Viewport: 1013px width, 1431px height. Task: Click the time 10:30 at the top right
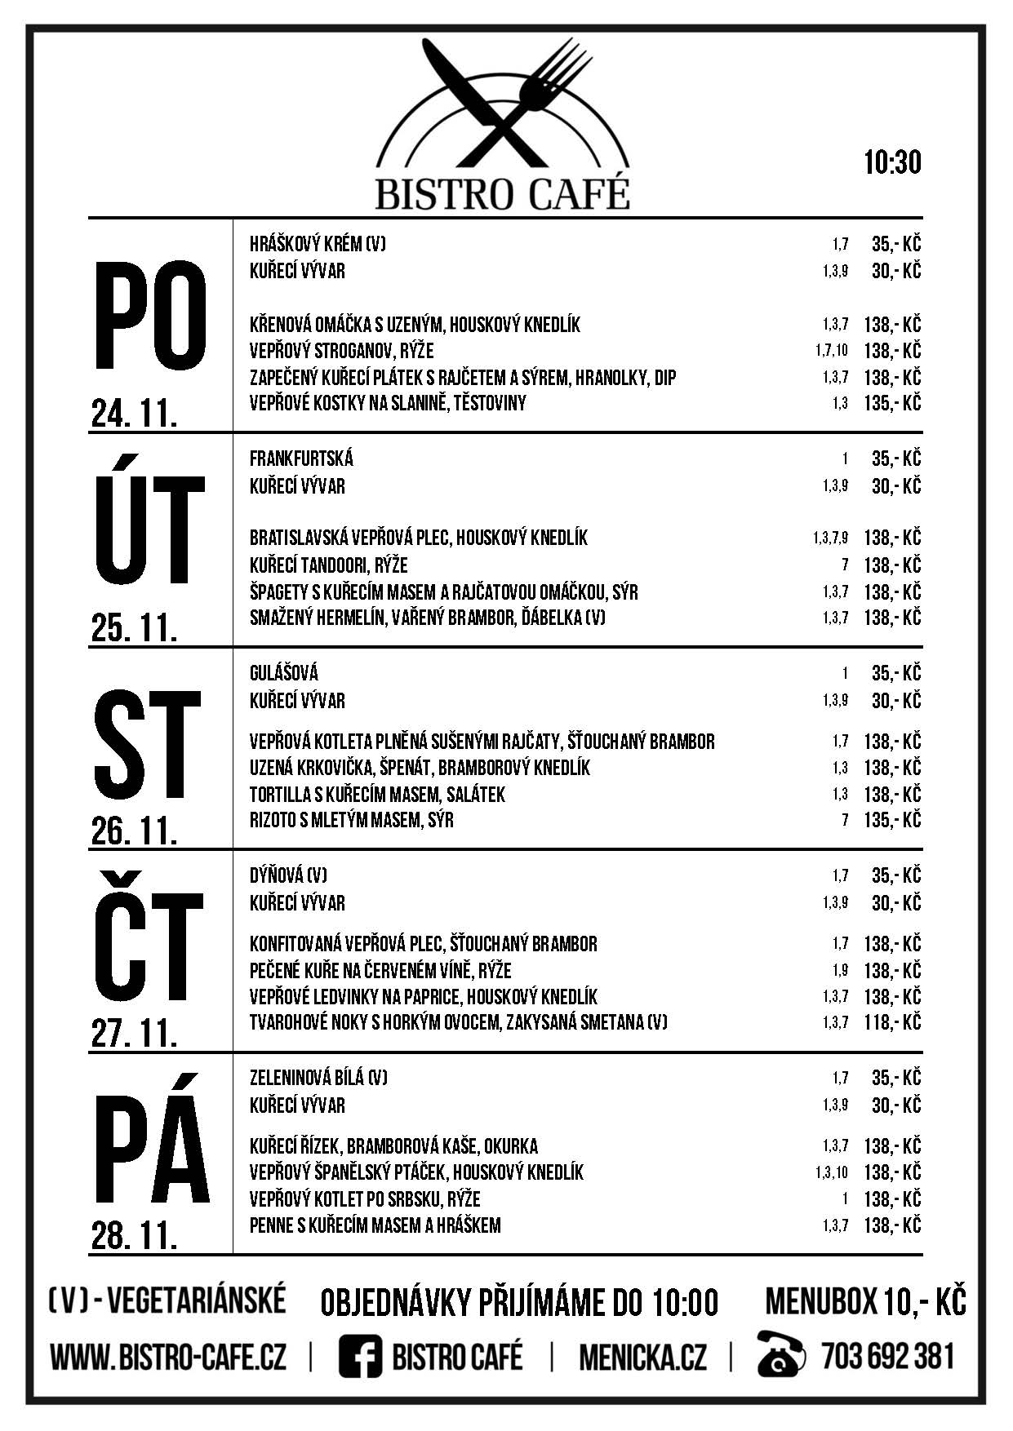pyautogui.click(x=892, y=162)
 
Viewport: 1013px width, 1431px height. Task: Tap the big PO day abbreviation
pyautogui.click(x=151, y=315)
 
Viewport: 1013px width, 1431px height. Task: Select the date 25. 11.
pyautogui.click(x=135, y=628)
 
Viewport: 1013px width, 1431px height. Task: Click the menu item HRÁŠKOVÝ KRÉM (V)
pyautogui.click(x=318, y=244)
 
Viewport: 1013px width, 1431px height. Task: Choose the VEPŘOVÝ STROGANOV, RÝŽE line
pyautogui.click(x=341, y=351)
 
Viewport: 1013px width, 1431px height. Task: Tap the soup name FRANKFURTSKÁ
pyautogui.click(x=301, y=459)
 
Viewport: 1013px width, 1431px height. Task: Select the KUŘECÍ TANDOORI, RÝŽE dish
pyautogui.click(x=328, y=565)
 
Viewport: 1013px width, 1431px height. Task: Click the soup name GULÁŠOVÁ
pyautogui.click(x=283, y=673)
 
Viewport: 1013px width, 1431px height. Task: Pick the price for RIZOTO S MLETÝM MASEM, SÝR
pyautogui.click(x=892, y=820)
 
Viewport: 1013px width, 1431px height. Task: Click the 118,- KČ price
pyautogui.click(x=892, y=1022)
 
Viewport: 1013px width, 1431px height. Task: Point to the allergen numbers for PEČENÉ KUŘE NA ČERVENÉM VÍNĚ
pyautogui.click(x=840, y=970)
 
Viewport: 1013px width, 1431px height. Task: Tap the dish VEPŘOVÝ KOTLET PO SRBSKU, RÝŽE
pyautogui.click(x=364, y=1198)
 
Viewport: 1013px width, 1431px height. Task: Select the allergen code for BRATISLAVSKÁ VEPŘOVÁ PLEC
pyautogui.click(x=830, y=538)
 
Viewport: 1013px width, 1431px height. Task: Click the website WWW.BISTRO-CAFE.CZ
pyautogui.click(x=168, y=1358)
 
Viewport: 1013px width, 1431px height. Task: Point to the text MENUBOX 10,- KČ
pyautogui.click(x=865, y=1302)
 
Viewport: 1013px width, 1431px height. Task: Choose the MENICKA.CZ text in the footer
pyautogui.click(x=642, y=1358)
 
